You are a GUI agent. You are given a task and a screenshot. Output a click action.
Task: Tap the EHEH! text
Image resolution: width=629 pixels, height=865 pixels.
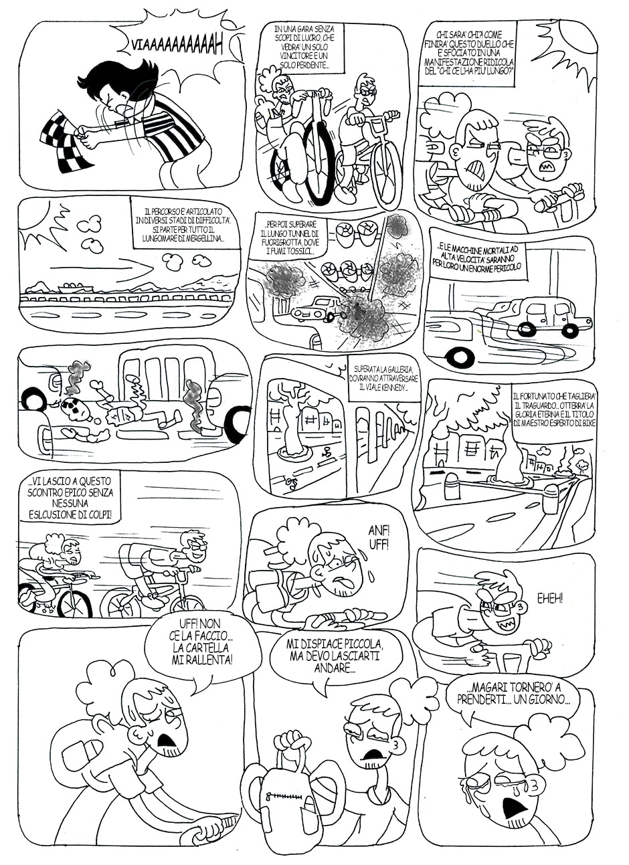click(x=550, y=599)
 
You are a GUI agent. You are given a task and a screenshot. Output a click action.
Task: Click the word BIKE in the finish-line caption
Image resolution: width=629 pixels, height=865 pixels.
click(x=586, y=423)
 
